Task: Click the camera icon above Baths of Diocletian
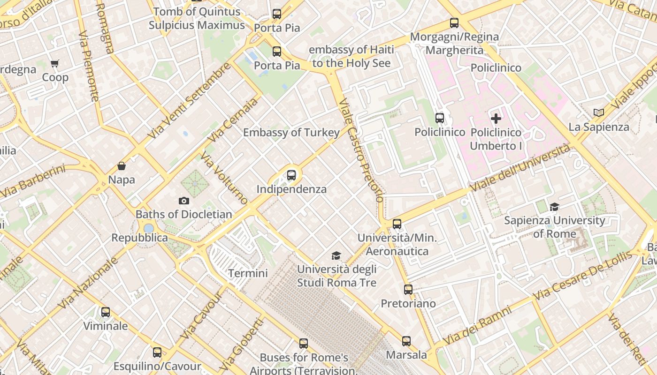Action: [184, 201]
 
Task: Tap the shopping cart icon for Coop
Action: [55, 63]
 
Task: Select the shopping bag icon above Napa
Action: [122, 166]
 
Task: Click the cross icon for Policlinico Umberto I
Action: [496, 119]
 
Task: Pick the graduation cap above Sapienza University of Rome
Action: [554, 207]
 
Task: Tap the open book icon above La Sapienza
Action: [598, 112]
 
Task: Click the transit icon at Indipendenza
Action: [291, 175]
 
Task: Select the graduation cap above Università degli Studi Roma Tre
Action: [336, 255]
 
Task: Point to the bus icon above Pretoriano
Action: [408, 290]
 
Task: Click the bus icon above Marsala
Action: [406, 341]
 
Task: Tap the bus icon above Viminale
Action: [106, 312]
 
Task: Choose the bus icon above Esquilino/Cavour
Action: [157, 352]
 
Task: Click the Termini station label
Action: [248, 273]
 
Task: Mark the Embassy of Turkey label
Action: [291, 133]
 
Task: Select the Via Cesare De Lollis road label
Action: [582, 277]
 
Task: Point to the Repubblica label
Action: [139, 238]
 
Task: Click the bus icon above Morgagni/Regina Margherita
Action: [454, 22]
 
